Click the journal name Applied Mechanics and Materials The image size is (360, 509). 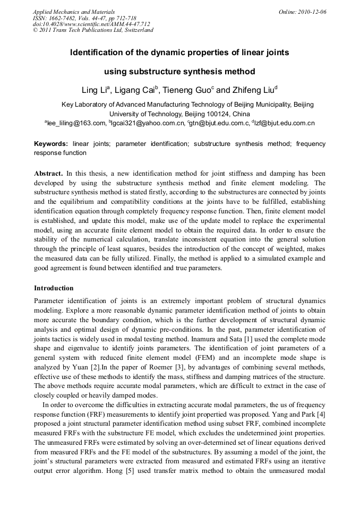click(74, 12)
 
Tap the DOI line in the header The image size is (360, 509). click(91, 24)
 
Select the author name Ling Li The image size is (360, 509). click(94, 90)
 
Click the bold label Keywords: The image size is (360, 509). click(51, 144)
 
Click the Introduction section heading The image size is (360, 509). click(54, 288)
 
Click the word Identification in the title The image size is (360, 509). click(95, 53)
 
